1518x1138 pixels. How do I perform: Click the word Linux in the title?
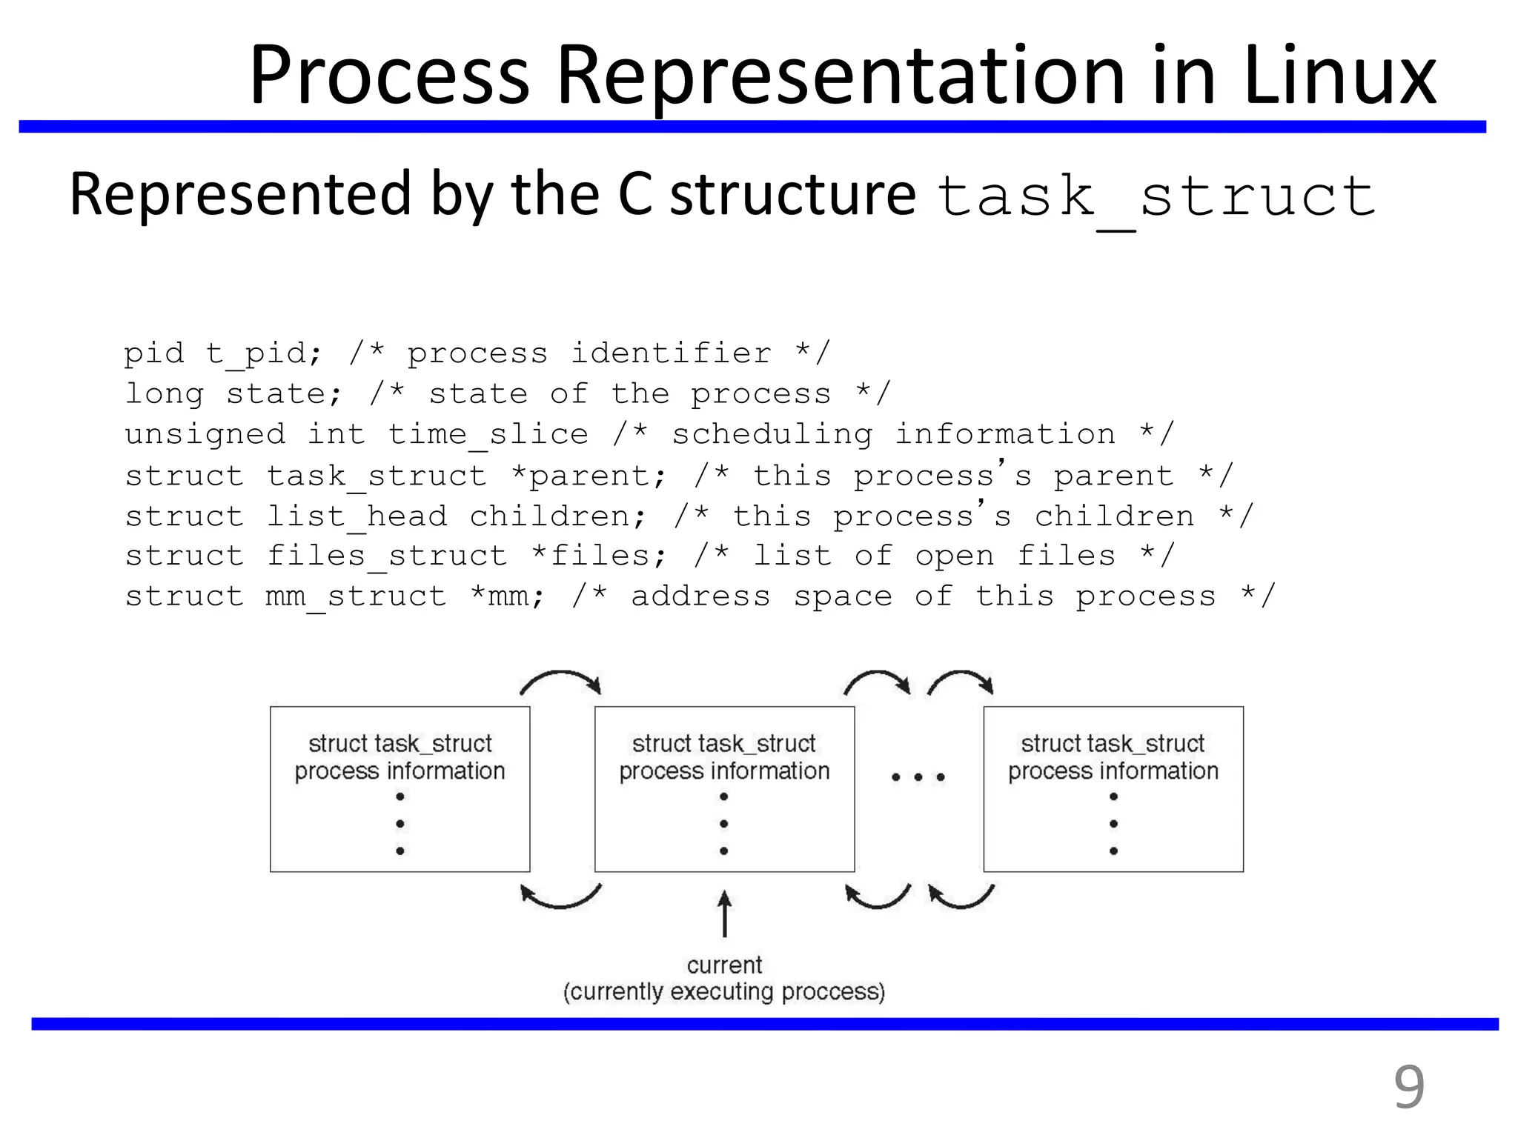(x=1340, y=76)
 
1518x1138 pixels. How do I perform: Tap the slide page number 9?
(x=1408, y=1087)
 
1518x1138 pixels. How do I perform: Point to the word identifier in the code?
(x=671, y=353)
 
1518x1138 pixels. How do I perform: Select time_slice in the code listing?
(x=488, y=435)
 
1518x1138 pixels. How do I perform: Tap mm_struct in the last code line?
(x=357, y=596)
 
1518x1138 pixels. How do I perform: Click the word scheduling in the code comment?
(x=772, y=435)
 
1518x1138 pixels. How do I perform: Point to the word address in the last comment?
(x=700, y=596)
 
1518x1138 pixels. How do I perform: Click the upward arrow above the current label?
(x=724, y=914)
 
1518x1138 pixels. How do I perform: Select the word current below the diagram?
(x=724, y=965)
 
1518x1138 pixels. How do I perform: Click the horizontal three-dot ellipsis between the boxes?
(x=918, y=777)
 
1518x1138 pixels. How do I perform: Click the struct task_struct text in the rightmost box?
(x=1113, y=743)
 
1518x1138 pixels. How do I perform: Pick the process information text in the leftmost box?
(x=400, y=771)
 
